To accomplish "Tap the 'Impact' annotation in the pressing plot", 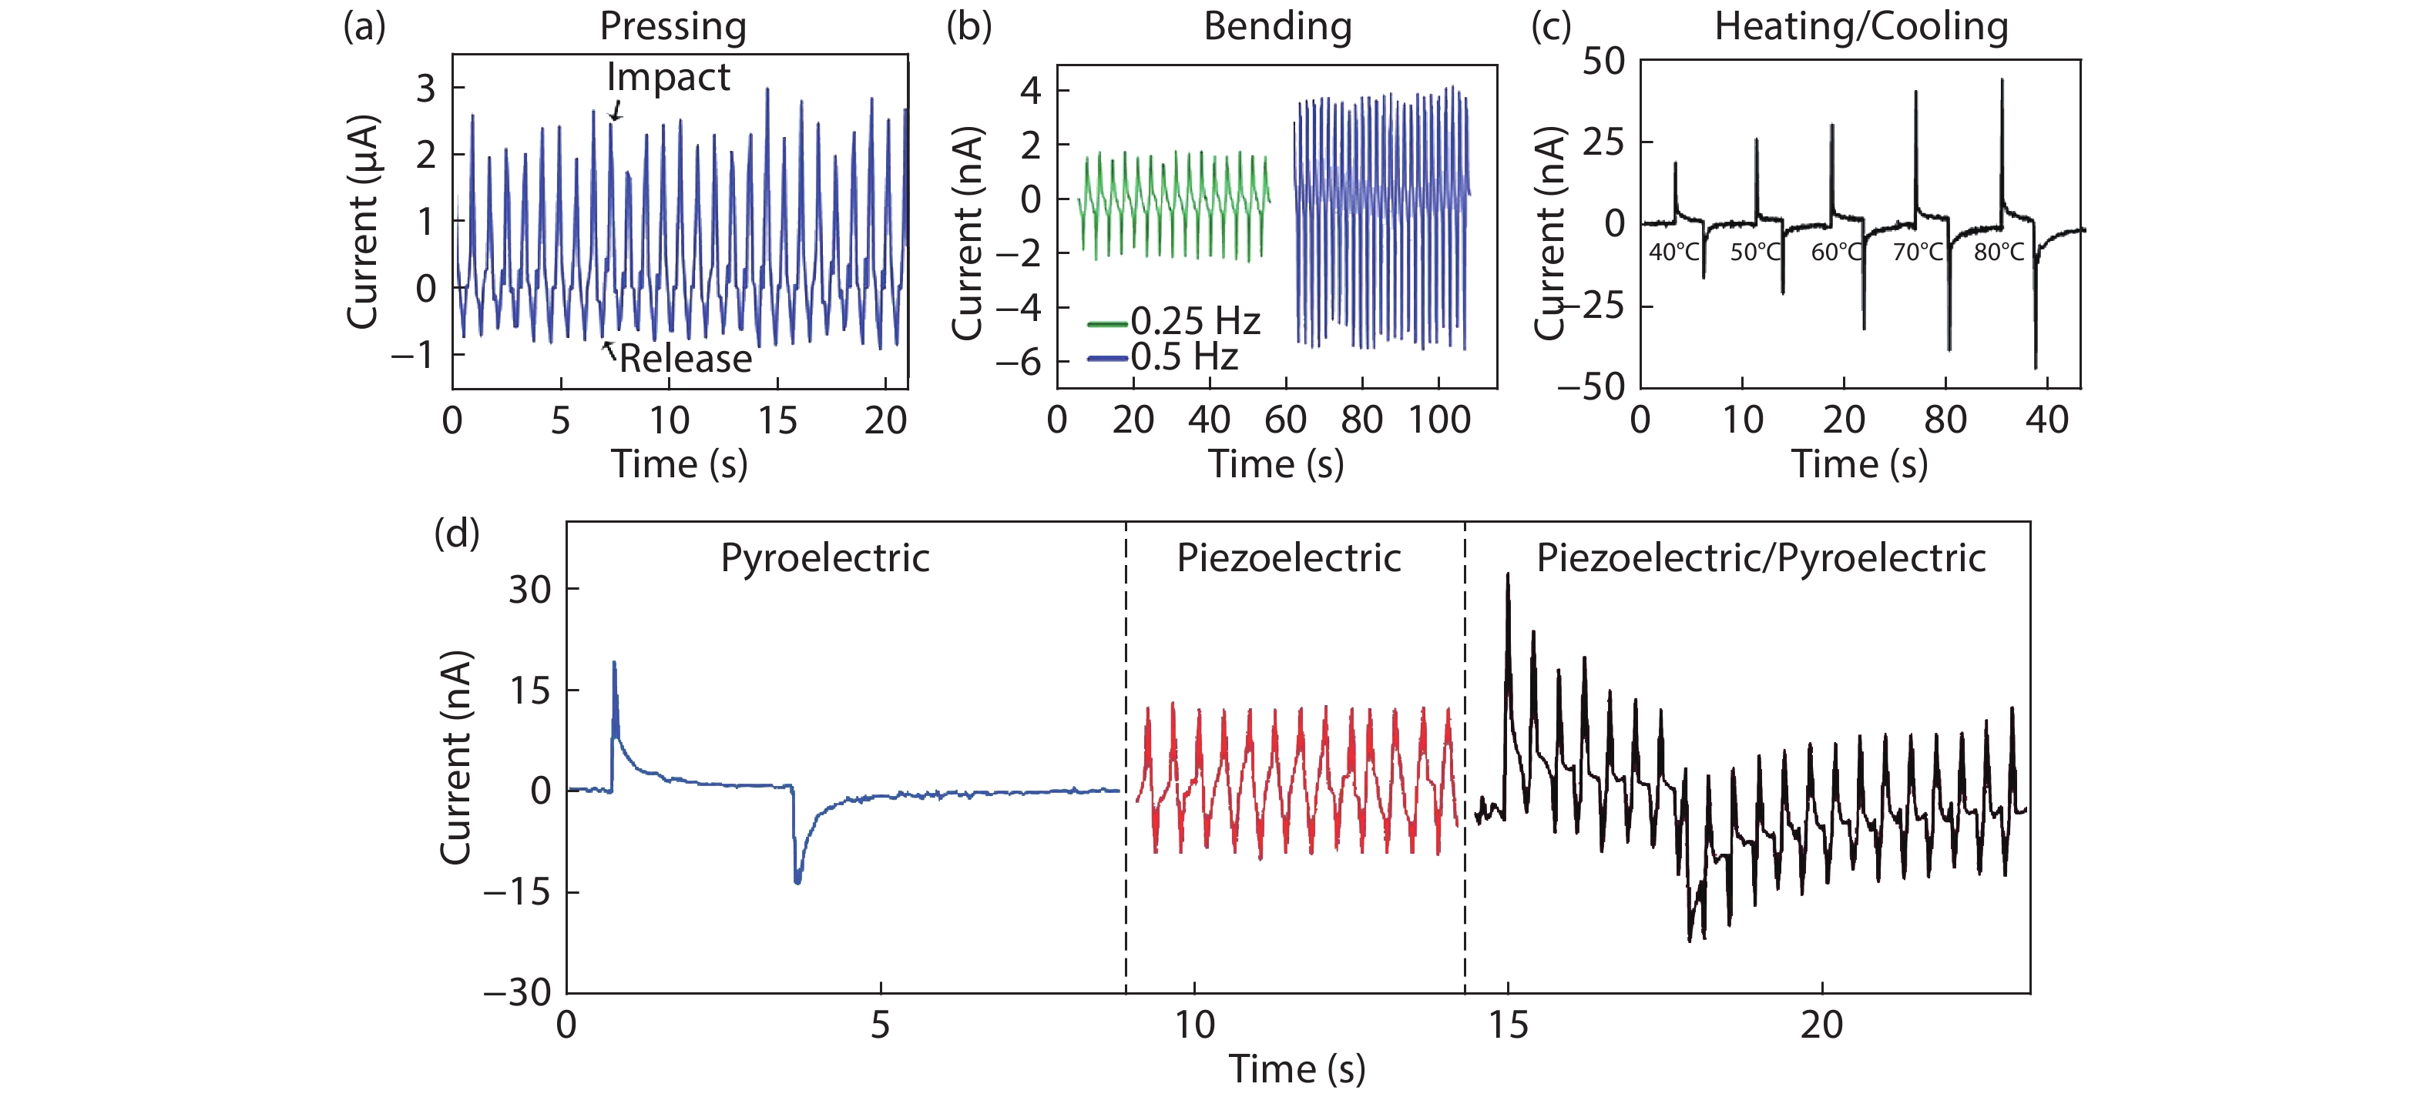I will tap(668, 77).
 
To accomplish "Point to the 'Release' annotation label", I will tap(685, 359).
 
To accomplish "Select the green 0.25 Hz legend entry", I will tap(1174, 322).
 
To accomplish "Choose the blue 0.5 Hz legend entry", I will tap(1163, 358).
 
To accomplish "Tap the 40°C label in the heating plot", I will tap(1674, 253).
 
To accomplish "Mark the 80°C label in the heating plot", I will tap(1999, 253).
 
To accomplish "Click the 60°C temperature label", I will tap(1836, 253).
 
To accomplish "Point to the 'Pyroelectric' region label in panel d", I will tap(824, 558).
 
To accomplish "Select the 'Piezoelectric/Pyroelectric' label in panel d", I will tap(1761, 558).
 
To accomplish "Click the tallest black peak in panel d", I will tap(1509, 575).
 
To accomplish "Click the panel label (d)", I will tap(456, 534).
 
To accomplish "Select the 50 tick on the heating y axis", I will tap(1603, 62).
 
